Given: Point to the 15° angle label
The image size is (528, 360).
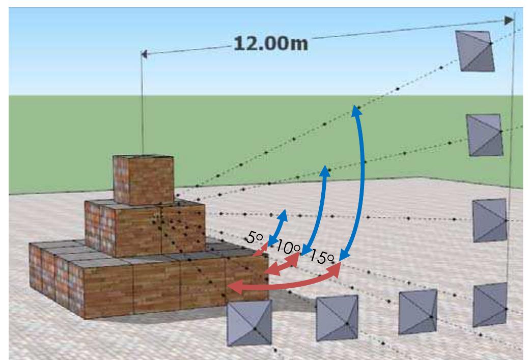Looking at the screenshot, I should (x=320, y=257).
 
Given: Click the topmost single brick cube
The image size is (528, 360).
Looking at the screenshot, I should (x=144, y=179).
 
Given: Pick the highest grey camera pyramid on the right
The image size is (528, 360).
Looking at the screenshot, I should (x=475, y=50).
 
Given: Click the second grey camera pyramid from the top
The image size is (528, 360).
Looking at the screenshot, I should (x=485, y=135).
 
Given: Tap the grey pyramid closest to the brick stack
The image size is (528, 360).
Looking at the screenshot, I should (x=249, y=323).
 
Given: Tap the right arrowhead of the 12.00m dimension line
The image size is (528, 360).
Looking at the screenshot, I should (x=509, y=20).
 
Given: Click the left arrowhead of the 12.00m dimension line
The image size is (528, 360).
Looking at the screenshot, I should (x=144, y=54).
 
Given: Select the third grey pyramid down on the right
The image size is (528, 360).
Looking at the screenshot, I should (x=489, y=220).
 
